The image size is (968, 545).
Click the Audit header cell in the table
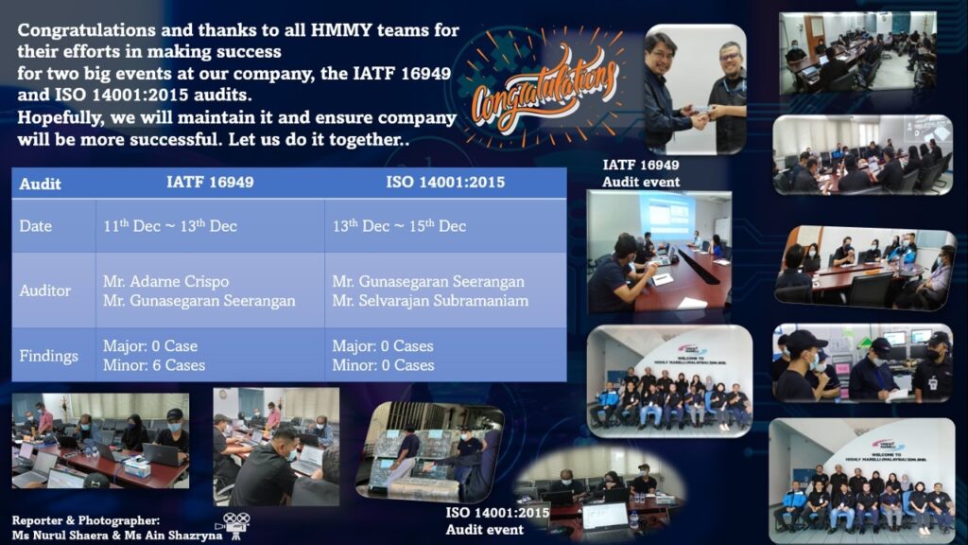click(x=40, y=184)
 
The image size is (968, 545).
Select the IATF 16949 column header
click(x=210, y=183)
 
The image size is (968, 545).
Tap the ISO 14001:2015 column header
click(x=445, y=183)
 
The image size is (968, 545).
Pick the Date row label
click(x=35, y=226)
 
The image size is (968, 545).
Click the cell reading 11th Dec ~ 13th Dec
click(x=170, y=225)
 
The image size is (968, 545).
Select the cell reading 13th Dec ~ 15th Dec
click(x=399, y=225)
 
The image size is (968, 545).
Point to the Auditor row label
click(x=44, y=290)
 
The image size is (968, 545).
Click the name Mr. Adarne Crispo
click(x=165, y=282)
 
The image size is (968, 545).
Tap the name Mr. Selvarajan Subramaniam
click(x=430, y=301)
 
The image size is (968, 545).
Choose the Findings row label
click(x=48, y=356)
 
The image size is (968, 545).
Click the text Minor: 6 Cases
click(x=154, y=365)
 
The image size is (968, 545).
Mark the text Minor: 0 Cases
click(x=383, y=365)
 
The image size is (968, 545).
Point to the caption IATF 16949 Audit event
click(x=641, y=174)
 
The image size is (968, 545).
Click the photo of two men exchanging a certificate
click(x=696, y=90)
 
